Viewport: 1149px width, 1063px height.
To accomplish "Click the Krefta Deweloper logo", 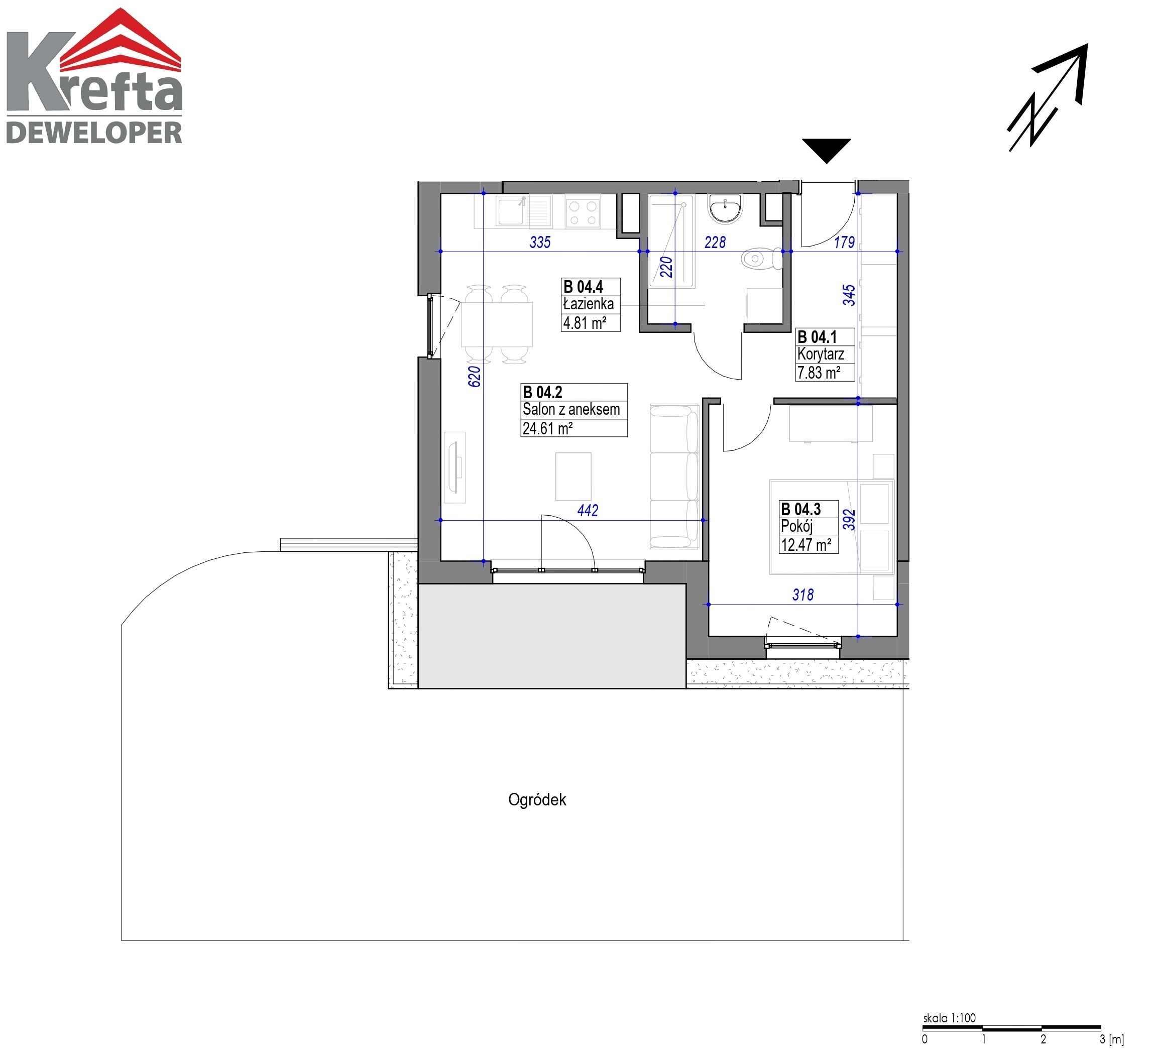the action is pos(94,75).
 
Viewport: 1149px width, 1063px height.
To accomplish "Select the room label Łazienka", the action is pos(588,304).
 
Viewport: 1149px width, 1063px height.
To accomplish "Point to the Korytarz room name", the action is pos(821,355).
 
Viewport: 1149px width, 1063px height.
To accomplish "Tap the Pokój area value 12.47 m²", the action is pos(806,545).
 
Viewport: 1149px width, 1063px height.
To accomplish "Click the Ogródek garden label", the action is pos(537,799).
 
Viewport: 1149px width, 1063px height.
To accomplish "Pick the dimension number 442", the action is pos(588,510).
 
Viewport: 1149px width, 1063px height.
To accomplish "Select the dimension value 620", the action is pos(474,377).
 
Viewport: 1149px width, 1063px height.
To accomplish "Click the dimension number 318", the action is pos(802,595).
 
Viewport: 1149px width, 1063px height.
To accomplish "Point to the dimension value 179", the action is pos(844,242).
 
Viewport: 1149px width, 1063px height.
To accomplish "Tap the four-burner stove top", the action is pos(582,212).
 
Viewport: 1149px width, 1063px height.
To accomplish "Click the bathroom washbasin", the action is pos(725,208).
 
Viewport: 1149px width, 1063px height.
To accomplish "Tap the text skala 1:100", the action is pos(949,1018).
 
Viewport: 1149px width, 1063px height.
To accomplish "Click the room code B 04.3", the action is pos(800,509).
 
